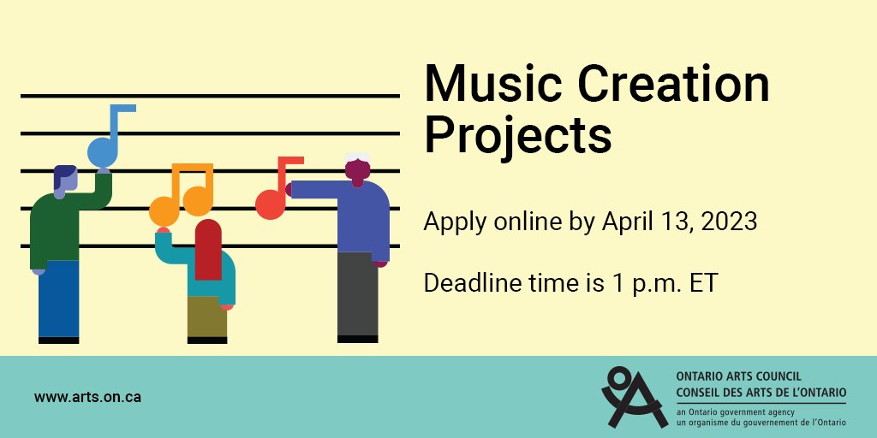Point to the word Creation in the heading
[x=668, y=86]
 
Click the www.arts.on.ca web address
[x=88, y=397]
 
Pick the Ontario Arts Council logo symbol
[x=634, y=396]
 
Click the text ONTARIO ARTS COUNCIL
[x=738, y=376]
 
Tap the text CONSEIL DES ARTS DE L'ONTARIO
[x=761, y=392]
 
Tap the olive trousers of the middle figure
[x=207, y=317]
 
